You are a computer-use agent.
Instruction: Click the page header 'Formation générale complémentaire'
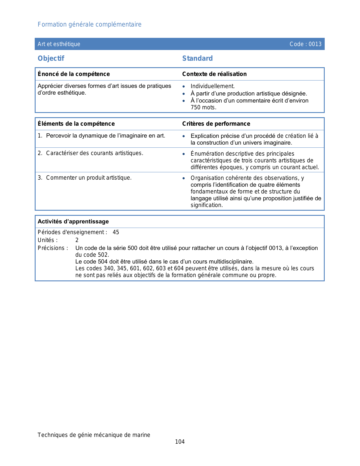(x=90, y=25)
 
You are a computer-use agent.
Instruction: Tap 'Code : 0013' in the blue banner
(x=306, y=44)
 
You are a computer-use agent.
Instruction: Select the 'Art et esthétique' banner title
(x=59, y=44)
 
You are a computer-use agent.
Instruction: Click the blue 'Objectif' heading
(x=51, y=58)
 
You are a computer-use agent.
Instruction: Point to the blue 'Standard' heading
(x=197, y=58)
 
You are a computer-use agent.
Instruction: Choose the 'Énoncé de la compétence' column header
(x=74, y=74)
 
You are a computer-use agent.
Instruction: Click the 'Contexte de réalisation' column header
(x=214, y=74)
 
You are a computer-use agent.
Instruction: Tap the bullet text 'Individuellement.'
(x=213, y=86)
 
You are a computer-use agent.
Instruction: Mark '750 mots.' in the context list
(x=203, y=107)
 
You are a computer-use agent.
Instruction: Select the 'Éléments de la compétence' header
(x=76, y=124)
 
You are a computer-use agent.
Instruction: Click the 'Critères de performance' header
(x=216, y=124)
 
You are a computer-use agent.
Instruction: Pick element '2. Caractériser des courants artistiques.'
(x=91, y=153)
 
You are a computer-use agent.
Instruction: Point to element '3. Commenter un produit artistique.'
(x=85, y=178)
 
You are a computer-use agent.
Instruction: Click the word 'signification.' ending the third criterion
(x=207, y=205)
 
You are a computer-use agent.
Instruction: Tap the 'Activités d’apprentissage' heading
(x=73, y=221)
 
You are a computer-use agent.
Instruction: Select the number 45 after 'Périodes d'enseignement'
(x=116, y=232)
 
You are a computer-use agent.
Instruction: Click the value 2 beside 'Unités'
(x=77, y=240)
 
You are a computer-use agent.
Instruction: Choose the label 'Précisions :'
(x=53, y=248)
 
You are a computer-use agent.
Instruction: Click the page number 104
(x=180, y=442)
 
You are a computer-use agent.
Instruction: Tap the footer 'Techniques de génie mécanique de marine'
(x=94, y=435)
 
